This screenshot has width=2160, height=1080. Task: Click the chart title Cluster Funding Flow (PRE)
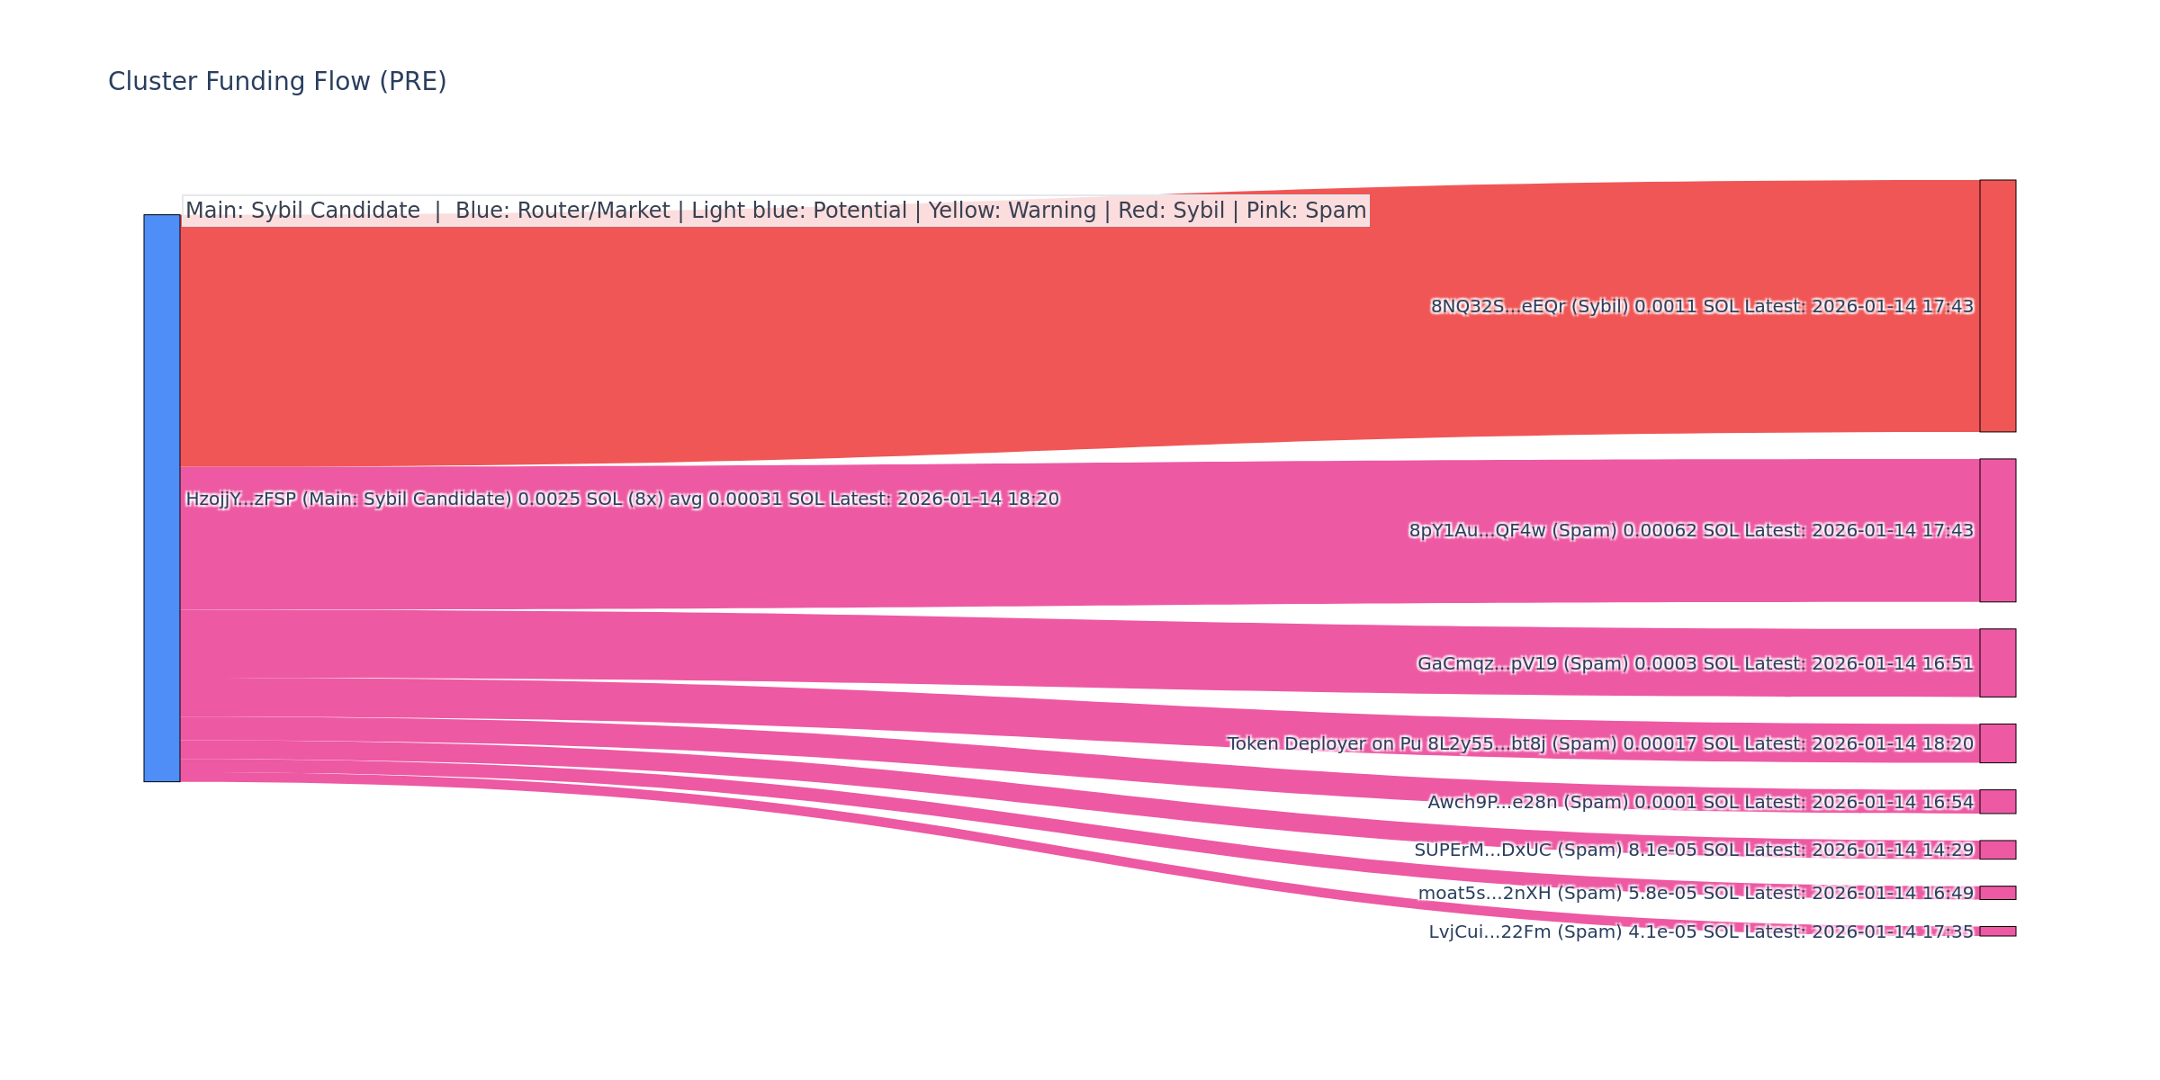tap(277, 82)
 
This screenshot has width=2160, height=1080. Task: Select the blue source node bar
tap(162, 498)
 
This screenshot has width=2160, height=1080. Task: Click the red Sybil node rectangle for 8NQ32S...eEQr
tap(1997, 306)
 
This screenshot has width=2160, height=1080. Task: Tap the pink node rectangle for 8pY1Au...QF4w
tap(1997, 530)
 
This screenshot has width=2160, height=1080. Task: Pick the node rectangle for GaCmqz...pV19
tap(1997, 663)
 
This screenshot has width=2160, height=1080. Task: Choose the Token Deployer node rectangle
tap(1997, 743)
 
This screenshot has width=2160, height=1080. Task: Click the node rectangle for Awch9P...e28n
tap(1997, 802)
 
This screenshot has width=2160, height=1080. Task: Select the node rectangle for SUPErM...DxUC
tap(1997, 850)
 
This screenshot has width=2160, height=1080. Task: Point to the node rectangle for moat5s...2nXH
tap(1997, 893)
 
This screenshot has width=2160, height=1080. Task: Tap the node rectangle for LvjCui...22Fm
tap(1997, 931)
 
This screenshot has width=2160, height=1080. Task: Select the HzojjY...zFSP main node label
tap(622, 499)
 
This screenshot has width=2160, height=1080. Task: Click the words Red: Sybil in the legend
tap(1171, 211)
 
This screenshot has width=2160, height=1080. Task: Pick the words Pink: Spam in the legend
tap(1306, 211)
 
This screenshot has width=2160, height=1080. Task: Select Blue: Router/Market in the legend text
tap(562, 211)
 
